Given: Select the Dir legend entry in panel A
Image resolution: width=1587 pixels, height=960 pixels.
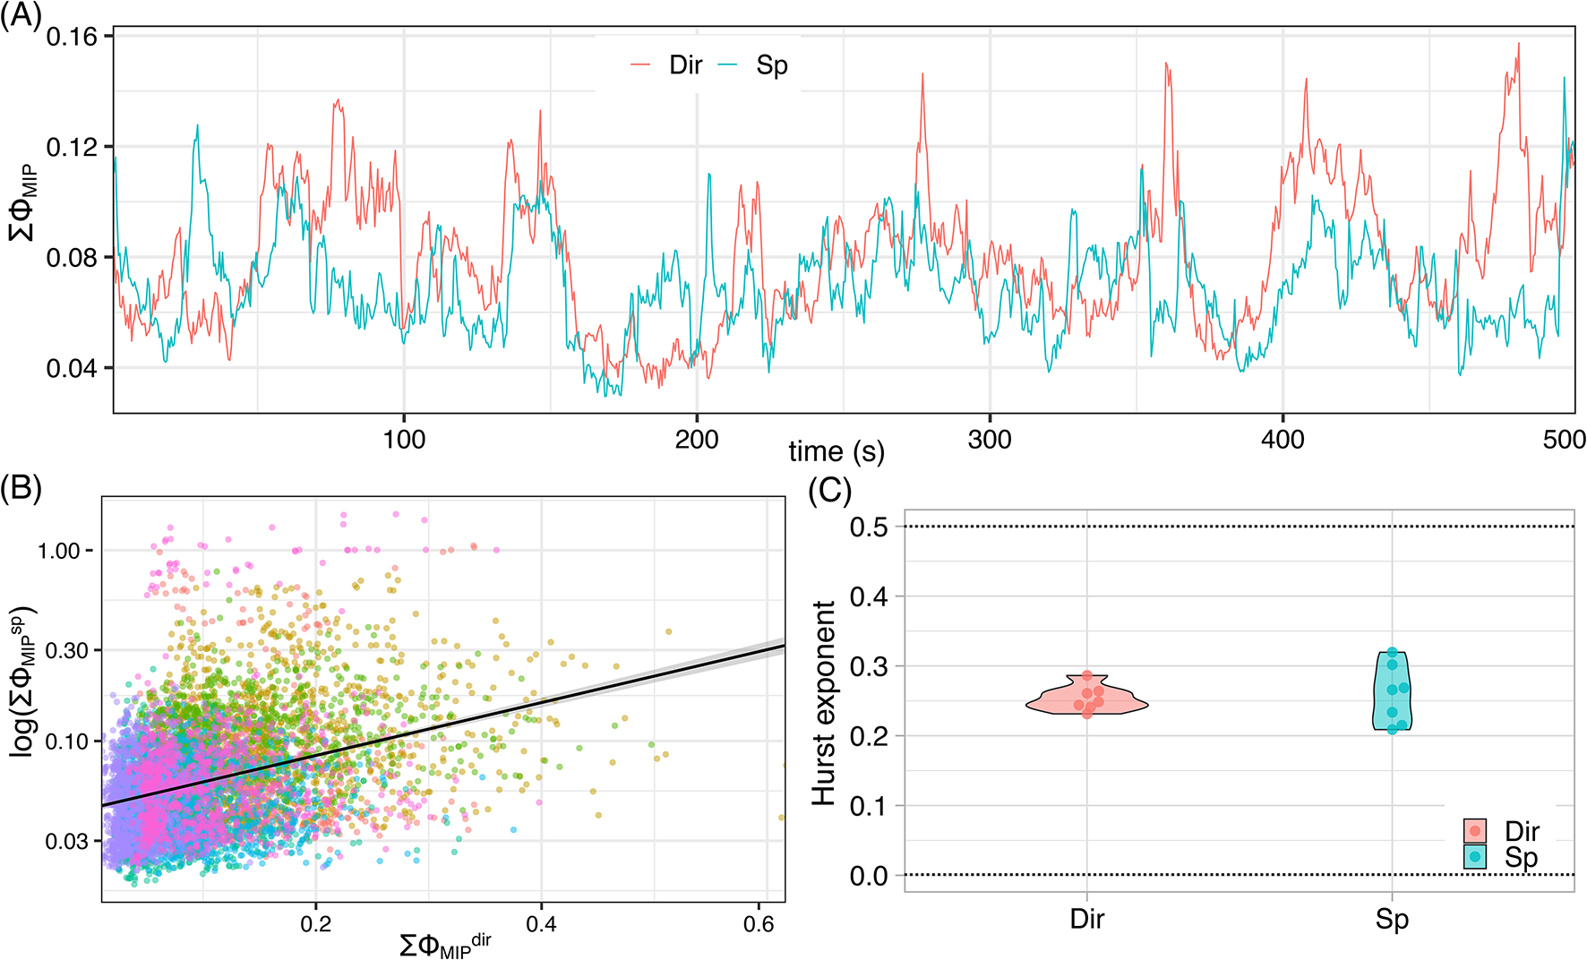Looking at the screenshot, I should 685,65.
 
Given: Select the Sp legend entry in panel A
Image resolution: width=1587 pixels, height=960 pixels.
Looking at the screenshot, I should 771,65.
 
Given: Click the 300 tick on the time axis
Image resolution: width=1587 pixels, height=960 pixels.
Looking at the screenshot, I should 990,440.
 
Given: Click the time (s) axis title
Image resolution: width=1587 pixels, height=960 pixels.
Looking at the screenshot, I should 836,450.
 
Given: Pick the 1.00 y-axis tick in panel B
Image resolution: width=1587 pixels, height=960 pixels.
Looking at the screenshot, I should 59,551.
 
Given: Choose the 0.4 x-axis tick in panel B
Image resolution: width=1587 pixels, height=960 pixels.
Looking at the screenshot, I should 541,924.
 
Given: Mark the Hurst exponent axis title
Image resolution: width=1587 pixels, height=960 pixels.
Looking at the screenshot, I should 824,703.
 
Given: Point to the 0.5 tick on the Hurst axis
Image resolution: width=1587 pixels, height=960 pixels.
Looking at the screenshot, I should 869,527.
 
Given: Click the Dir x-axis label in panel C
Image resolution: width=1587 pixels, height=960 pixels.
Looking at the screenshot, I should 1086,920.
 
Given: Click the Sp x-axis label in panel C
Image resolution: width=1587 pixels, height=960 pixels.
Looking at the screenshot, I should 1392,920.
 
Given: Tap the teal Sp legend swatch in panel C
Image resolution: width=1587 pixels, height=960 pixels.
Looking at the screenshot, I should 1475,857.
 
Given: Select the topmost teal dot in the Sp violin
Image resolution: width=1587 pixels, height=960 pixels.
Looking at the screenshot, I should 1392,653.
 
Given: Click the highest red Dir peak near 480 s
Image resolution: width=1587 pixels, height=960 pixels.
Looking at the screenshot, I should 1518,44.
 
